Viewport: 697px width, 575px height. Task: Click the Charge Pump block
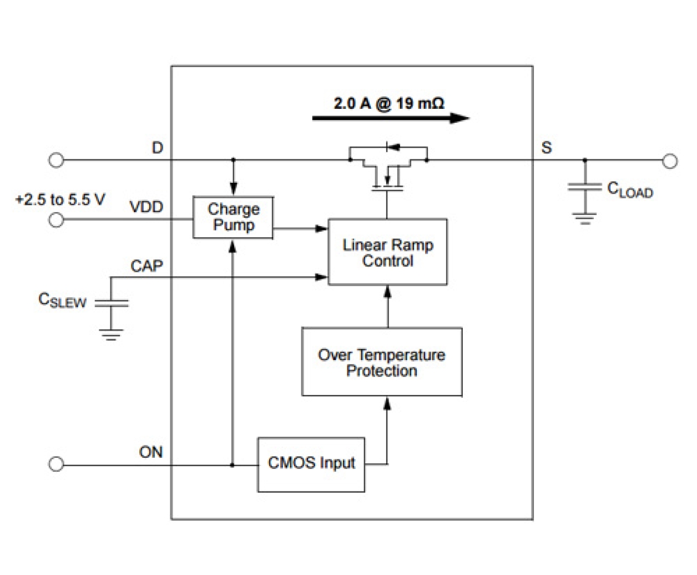tap(233, 217)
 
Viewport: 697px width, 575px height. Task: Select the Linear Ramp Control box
tap(387, 252)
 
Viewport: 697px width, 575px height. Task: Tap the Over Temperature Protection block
tap(382, 362)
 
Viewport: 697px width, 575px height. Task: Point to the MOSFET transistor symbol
tap(388, 169)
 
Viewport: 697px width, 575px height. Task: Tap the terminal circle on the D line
tap(56, 161)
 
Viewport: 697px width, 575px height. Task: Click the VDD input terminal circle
tap(56, 220)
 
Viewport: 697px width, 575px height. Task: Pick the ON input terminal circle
tap(56, 464)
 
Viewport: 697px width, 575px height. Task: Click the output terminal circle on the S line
tap(670, 161)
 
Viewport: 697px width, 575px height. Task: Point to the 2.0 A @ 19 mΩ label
tap(388, 103)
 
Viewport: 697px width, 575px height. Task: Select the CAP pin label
tap(147, 266)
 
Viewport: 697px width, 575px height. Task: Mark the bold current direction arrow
tap(391, 118)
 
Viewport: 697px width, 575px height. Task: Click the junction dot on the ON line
tap(233, 464)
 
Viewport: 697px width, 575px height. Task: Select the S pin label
tap(547, 148)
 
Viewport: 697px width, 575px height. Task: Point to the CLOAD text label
tap(630, 190)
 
